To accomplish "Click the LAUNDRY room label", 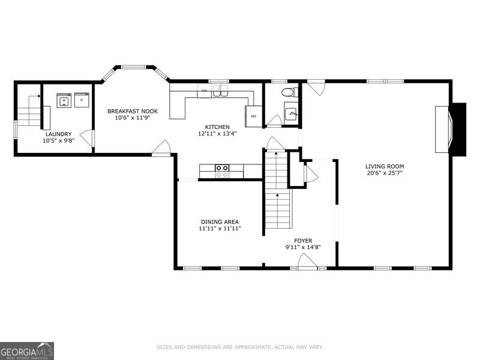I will [x=58, y=134].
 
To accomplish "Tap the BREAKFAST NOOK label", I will [x=132, y=111].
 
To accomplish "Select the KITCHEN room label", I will [x=217, y=127].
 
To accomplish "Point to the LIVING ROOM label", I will [x=385, y=166].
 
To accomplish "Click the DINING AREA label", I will [x=220, y=221].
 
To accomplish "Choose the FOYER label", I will [x=298, y=240].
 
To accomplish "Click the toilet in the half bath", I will [x=288, y=93].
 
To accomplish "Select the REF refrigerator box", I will [x=253, y=116].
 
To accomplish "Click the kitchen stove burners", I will [x=222, y=171].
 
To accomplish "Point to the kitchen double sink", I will [x=222, y=91].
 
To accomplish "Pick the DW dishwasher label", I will [x=205, y=91].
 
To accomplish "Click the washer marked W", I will [x=64, y=100].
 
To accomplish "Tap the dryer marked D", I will [x=81, y=100].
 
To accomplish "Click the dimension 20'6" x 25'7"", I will [x=385, y=173].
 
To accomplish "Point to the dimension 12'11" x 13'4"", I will [x=217, y=134].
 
